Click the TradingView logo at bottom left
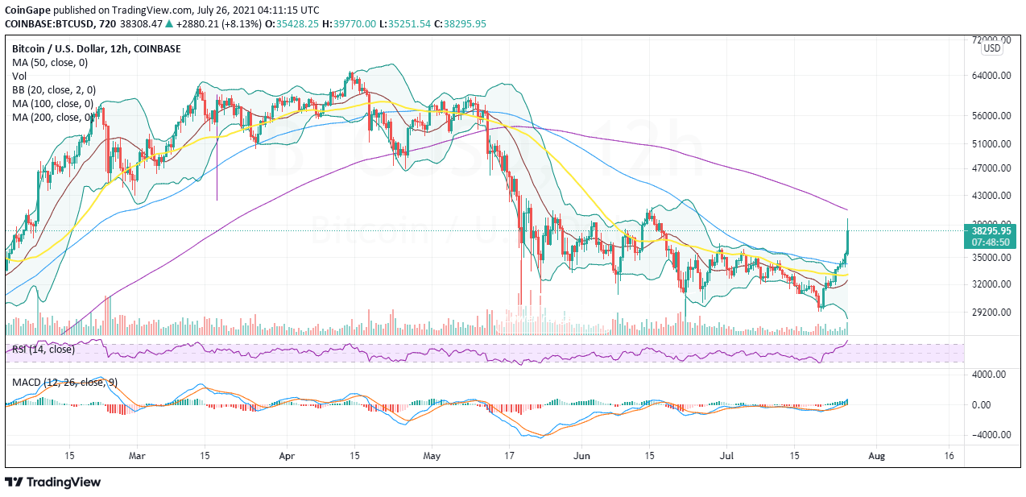[x=53, y=482]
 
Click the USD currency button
[x=992, y=48]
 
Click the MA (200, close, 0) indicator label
[x=56, y=117]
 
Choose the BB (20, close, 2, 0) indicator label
[x=54, y=89]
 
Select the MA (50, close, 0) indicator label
[x=50, y=62]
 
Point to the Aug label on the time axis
[x=877, y=455]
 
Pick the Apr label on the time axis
[x=287, y=455]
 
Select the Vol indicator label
[x=19, y=76]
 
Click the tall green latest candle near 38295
[x=847, y=242]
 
